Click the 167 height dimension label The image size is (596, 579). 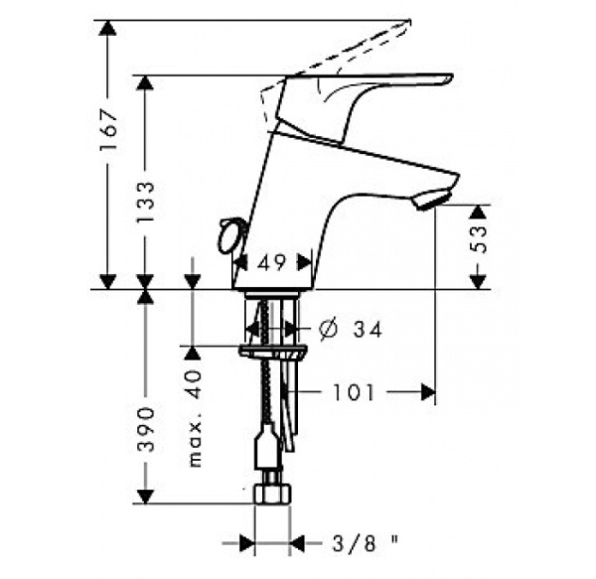pyautogui.click(x=108, y=130)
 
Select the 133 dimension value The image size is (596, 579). pyautogui.click(x=146, y=202)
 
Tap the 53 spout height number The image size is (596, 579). pyautogui.click(x=478, y=239)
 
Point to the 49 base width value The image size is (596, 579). pyautogui.click(x=272, y=262)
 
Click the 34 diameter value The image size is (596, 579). pyautogui.click(x=368, y=330)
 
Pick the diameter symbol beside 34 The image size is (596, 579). pyautogui.click(x=328, y=329)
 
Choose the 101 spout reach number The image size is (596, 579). pyautogui.click(x=354, y=392)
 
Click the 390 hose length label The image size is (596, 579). pyautogui.click(x=146, y=429)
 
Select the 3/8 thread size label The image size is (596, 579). pyautogui.click(x=355, y=543)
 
